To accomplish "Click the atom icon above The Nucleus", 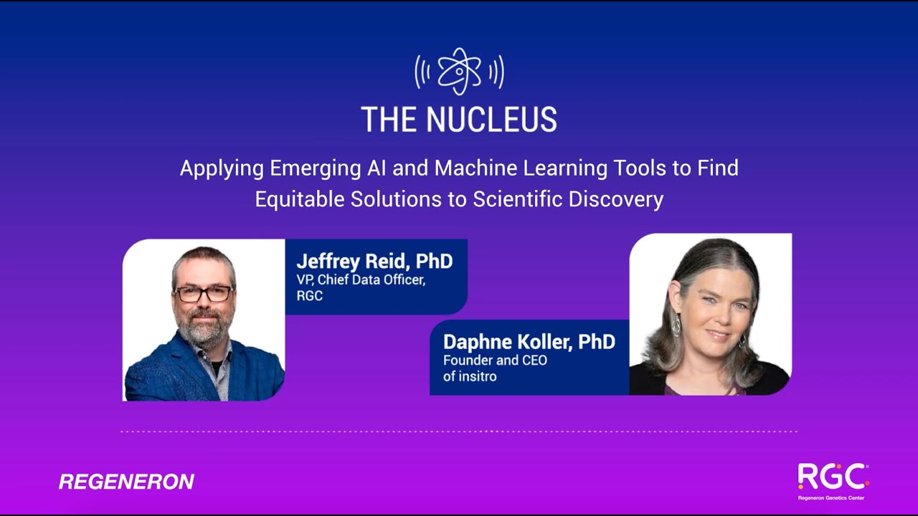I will click(459, 71).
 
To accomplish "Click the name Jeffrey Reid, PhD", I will click(374, 261).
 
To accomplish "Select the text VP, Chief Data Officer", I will click(361, 279).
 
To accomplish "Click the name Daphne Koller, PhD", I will click(529, 342).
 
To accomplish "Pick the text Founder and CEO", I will click(495, 360).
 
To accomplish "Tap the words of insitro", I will click(470, 376).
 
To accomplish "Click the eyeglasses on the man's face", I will click(204, 293).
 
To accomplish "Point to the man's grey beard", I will click(204, 328).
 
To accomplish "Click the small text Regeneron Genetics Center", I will click(831, 497).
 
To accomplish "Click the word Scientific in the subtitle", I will click(517, 199).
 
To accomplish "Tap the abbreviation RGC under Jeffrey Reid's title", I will click(309, 295).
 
